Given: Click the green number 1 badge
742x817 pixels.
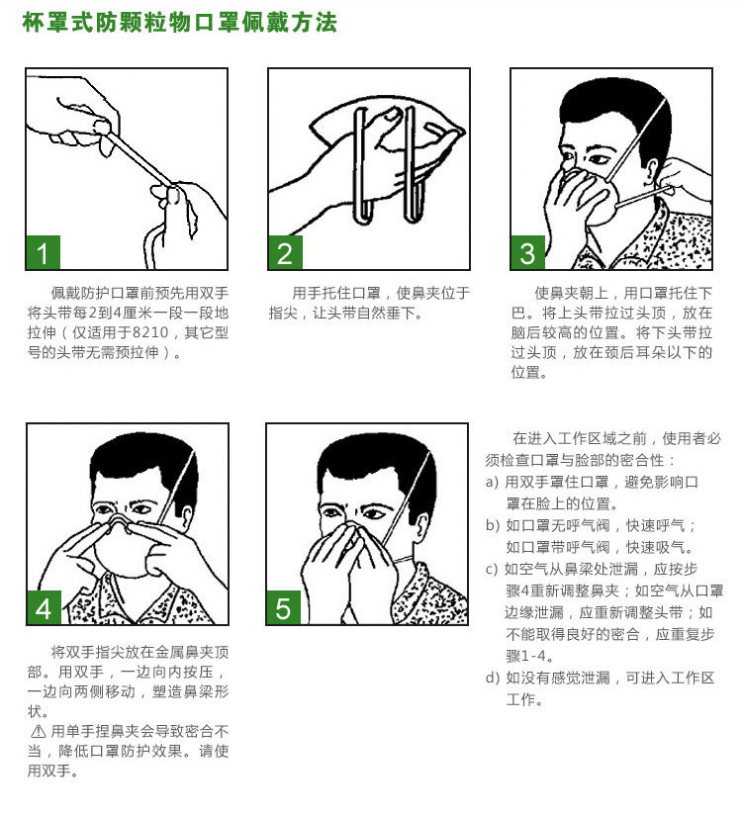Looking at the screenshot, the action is (x=44, y=252).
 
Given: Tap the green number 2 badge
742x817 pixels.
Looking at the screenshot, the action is (x=286, y=252).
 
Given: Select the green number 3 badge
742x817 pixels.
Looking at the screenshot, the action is (x=528, y=252).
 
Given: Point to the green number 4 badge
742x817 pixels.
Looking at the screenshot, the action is (x=45, y=607).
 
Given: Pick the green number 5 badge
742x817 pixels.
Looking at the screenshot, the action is (x=284, y=607).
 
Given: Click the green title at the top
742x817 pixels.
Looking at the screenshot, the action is (x=180, y=23).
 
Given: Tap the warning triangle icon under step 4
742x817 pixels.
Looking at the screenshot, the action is (x=38, y=732).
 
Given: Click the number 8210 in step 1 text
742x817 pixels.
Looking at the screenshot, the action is (x=150, y=332).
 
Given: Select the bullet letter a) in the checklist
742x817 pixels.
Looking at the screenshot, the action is (x=493, y=482).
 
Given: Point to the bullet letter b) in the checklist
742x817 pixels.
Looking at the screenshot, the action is (x=493, y=525).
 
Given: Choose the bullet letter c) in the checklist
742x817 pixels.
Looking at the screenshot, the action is (x=493, y=569).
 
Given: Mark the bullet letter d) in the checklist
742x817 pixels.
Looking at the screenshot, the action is (x=493, y=678).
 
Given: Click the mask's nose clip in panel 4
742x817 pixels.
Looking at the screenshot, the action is (x=121, y=522).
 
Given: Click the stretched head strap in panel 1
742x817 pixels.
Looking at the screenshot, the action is (x=140, y=160).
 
